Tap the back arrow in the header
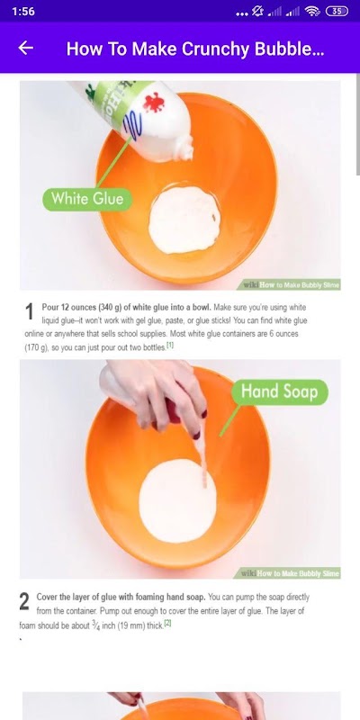(x=26, y=48)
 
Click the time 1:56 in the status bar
(x=23, y=11)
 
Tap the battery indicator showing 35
(x=337, y=11)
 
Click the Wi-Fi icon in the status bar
(x=312, y=11)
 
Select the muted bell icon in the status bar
(x=258, y=11)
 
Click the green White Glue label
(x=87, y=199)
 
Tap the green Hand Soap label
(x=279, y=392)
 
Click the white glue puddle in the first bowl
(x=184, y=220)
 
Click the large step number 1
(x=30, y=312)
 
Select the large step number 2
(x=24, y=602)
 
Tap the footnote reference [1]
(x=170, y=345)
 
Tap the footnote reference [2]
(x=167, y=623)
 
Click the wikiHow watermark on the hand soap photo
(x=290, y=573)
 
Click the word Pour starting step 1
(x=50, y=307)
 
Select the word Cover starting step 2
(x=47, y=597)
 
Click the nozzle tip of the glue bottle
(x=186, y=155)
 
